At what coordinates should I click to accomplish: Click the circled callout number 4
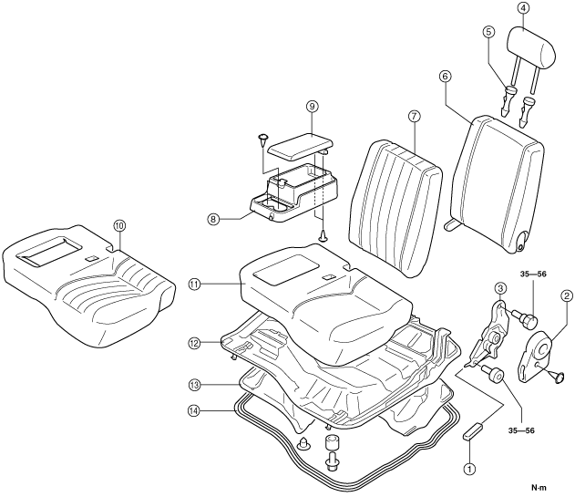click(x=523, y=9)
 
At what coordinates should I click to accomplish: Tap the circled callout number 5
click(x=488, y=32)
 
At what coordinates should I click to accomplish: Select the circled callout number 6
click(x=445, y=77)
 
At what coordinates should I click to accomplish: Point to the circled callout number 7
click(x=414, y=117)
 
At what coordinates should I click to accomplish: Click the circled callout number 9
click(x=312, y=107)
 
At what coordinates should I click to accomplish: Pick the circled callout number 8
click(x=212, y=220)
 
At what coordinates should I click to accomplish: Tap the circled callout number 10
click(x=119, y=225)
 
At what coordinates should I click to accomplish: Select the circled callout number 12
click(x=194, y=344)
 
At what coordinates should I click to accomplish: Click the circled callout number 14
click(x=194, y=410)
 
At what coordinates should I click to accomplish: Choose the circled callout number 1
click(x=470, y=468)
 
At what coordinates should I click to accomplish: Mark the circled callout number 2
click(x=566, y=295)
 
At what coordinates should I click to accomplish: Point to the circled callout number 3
click(x=499, y=288)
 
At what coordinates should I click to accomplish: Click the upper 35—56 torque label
click(x=533, y=274)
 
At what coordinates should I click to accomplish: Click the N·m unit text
click(x=539, y=488)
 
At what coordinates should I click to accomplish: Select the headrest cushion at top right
click(x=532, y=47)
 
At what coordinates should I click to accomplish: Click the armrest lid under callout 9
click(x=301, y=146)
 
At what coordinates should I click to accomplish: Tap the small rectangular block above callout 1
click(x=474, y=431)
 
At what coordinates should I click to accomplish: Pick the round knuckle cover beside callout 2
click(x=537, y=356)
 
